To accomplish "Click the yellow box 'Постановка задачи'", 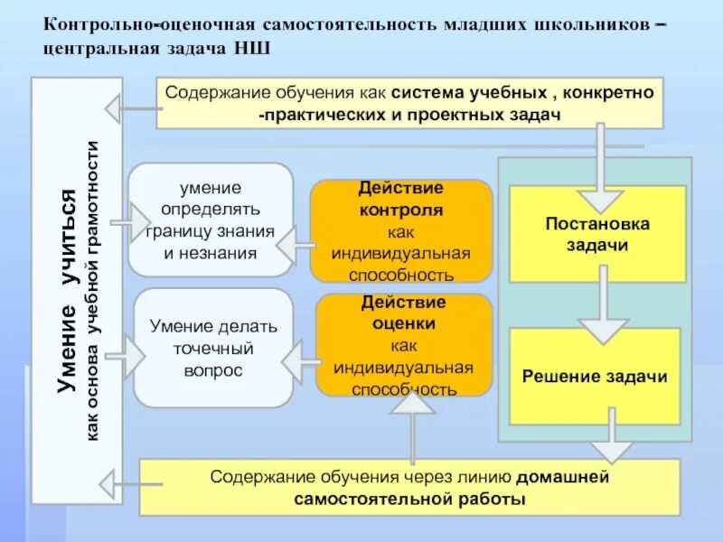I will (x=596, y=234).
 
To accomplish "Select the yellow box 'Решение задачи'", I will (x=595, y=376).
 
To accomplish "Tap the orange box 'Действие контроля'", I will (x=400, y=231).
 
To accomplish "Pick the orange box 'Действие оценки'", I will (x=404, y=345).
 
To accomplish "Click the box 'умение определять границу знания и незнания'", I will (x=211, y=220).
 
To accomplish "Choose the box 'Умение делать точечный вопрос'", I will (x=213, y=347).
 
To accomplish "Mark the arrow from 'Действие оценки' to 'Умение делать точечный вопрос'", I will (x=297, y=361).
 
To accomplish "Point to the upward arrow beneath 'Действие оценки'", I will (x=415, y=425).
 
